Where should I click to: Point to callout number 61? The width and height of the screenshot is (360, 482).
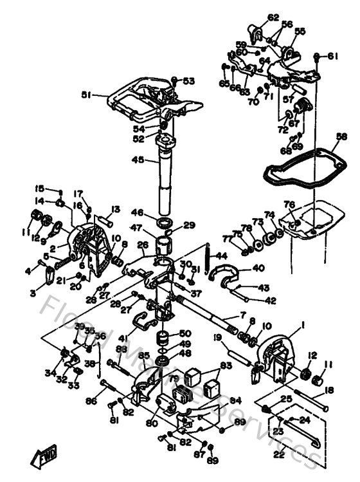(333, 57)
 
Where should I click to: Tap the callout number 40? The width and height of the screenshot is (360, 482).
(257, 268)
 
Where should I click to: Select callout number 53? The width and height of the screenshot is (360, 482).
(188, 81)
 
